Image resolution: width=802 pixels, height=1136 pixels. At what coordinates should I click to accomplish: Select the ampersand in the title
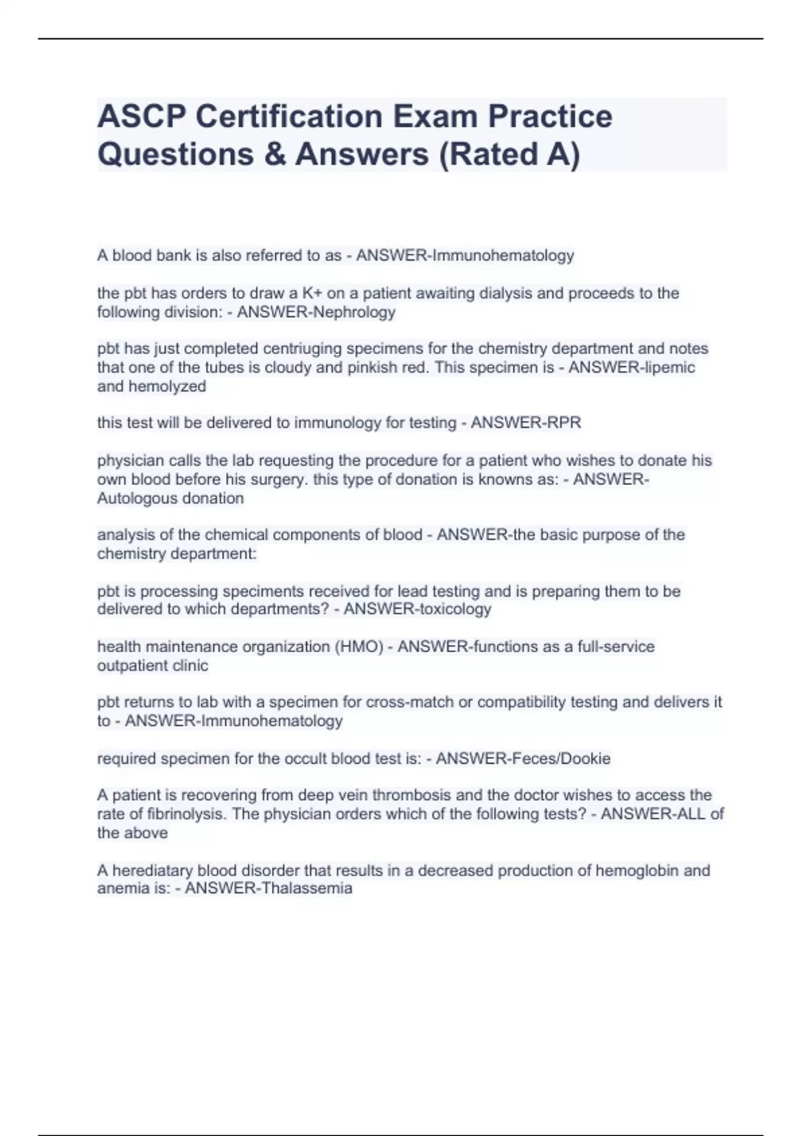click(271, 154)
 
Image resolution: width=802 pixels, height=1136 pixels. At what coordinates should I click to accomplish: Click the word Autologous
click(134, 499)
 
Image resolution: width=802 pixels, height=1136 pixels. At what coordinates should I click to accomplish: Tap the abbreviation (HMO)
click(358, 647)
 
